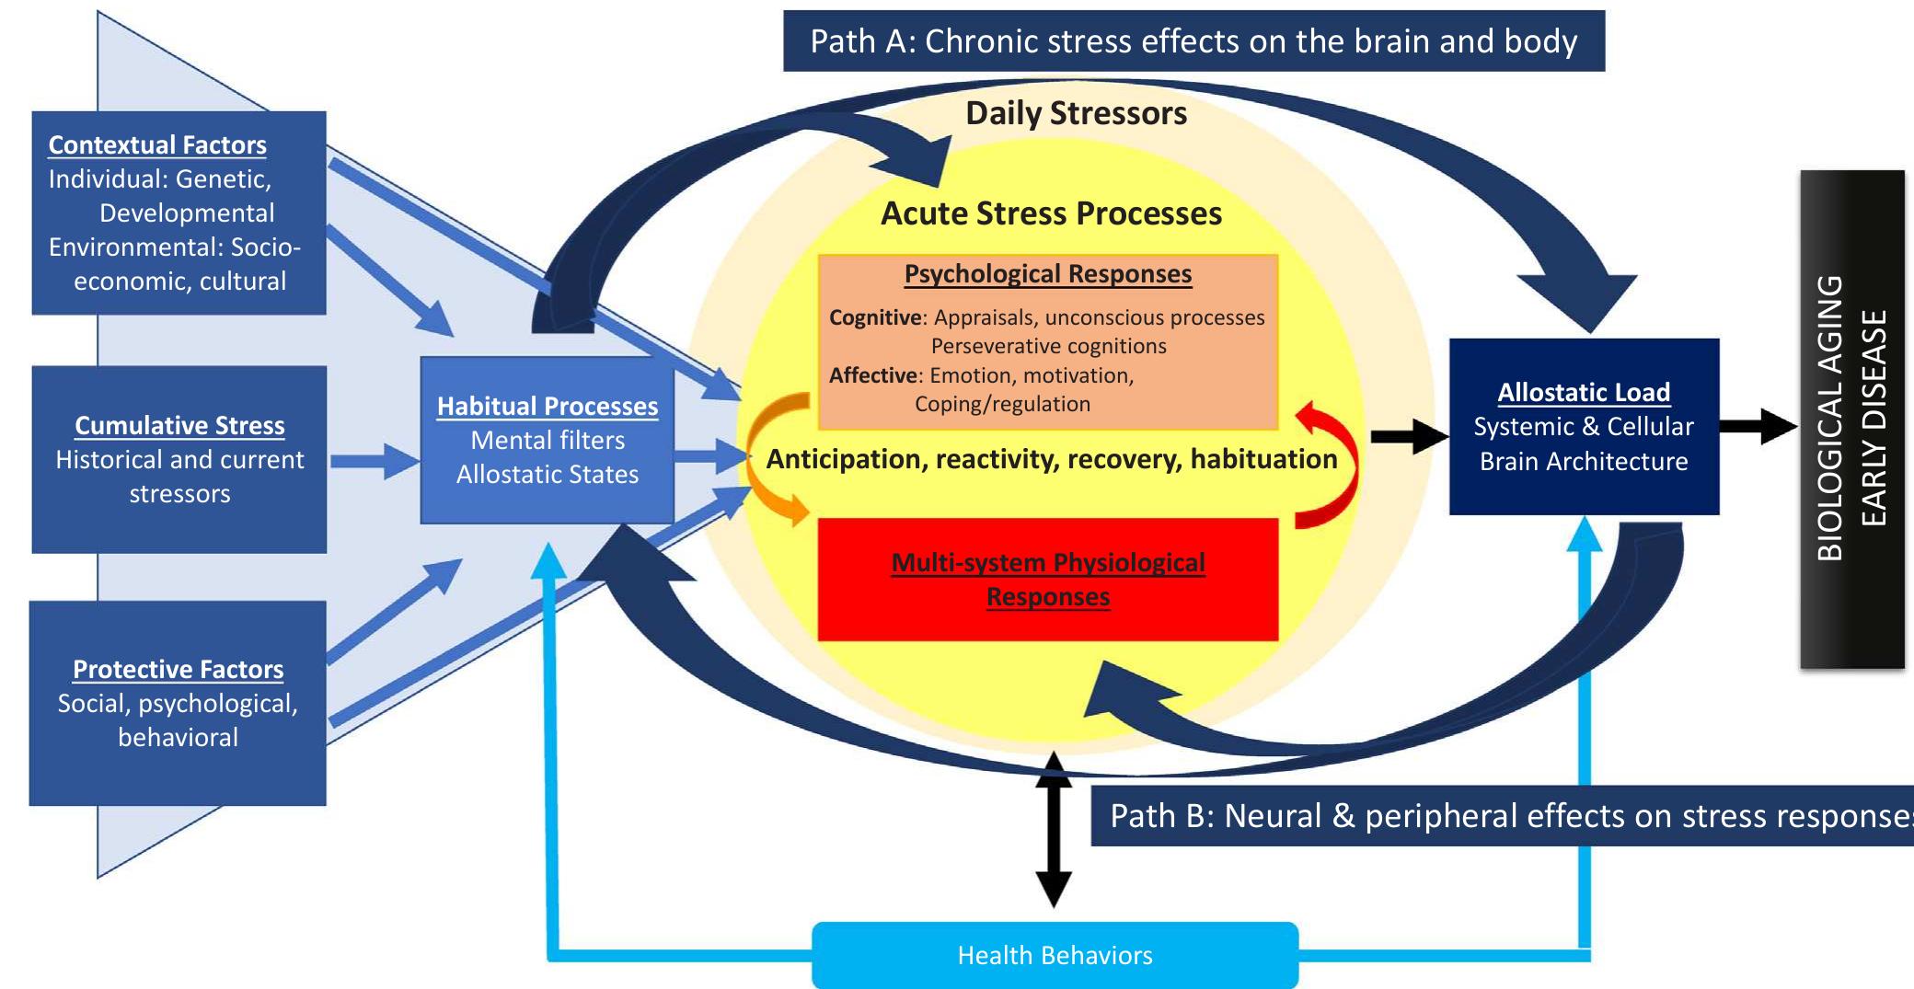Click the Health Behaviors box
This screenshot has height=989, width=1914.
coord(1055,955)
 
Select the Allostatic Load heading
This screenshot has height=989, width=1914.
coord(1583,393)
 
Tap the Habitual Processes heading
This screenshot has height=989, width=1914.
coord(548,407)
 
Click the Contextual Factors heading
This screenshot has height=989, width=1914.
coord(157,145)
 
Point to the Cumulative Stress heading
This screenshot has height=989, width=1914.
coord(179,426)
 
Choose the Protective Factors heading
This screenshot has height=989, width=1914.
coord(178,670)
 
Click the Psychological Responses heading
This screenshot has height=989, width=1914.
coord(1047,274)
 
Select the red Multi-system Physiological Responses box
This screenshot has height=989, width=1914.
coord(1047,580)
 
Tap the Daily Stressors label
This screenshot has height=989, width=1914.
coord(1076,113)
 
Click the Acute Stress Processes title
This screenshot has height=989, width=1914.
coord(1051,213)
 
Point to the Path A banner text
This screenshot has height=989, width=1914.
coord(1193,41)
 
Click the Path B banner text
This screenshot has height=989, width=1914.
coord(1509,816)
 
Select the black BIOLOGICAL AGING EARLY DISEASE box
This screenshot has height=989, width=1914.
coord(1851,419)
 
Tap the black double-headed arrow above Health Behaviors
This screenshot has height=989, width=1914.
coord(1054,828)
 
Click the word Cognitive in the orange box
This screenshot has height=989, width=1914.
coord(874,318)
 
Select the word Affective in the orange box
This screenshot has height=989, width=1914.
coord(872,376)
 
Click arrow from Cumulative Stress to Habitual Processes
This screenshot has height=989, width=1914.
coord(373,461)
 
